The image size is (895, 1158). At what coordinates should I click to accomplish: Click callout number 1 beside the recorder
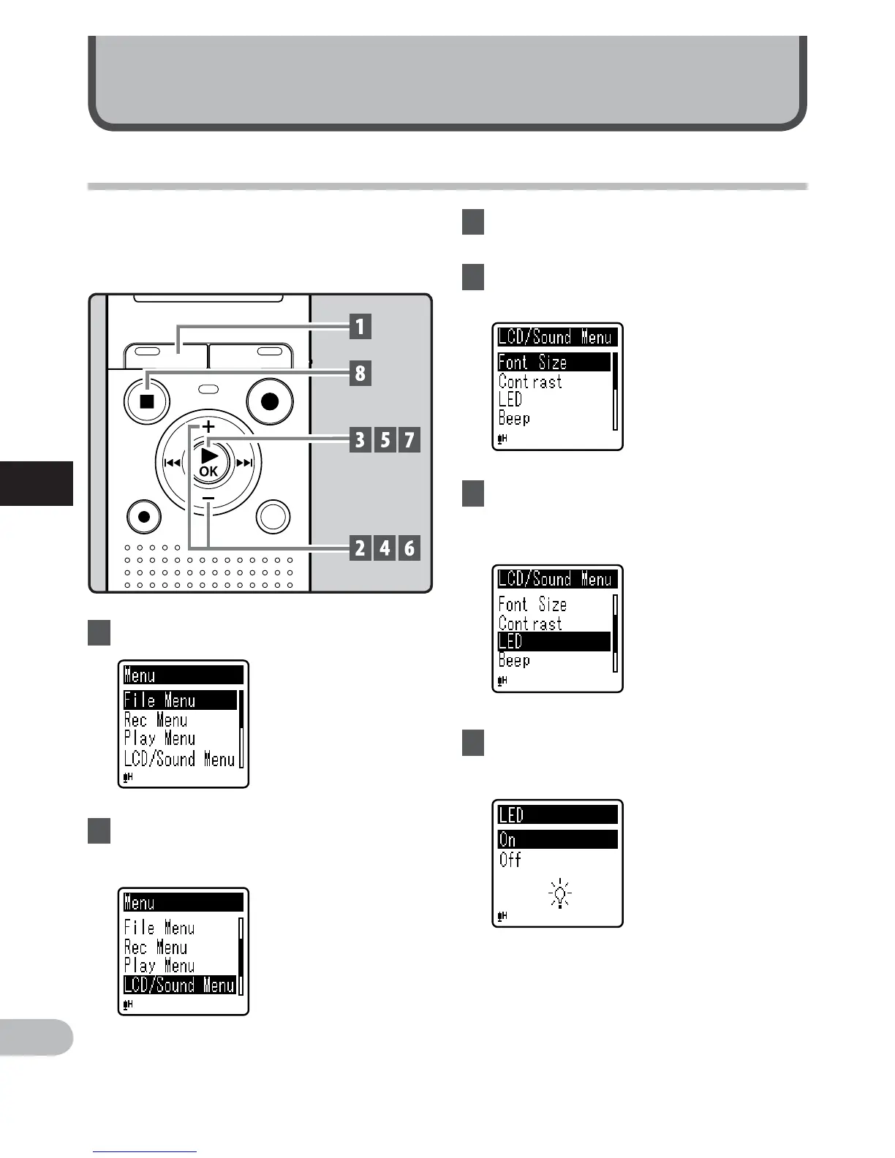[x=360, y=326]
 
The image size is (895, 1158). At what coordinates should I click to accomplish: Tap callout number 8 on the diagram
[x=360, y=374]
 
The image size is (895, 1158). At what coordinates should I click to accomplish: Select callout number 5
[x=385, y=440]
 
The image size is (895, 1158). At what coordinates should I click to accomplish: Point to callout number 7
[x=409, y=440]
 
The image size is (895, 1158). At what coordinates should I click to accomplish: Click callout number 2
[x=360, y=548]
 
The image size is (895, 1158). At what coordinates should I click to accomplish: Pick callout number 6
[x=409, y=548]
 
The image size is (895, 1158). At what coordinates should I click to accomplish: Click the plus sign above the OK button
[x=208, y=425]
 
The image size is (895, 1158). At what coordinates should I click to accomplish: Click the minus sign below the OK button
[x=208, y=499]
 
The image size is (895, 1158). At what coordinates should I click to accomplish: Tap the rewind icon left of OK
[x=172, y=463]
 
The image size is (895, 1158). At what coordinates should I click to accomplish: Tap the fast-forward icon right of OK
[x=245, y=463]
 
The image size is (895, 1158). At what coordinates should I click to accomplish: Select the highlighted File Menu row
[x=180, y=700]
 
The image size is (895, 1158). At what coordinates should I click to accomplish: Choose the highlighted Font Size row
[x=554, y=362]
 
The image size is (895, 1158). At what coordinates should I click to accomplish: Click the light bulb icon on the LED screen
[x=560, y=894]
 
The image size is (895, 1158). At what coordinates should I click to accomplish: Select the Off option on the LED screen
[x=510, y=860]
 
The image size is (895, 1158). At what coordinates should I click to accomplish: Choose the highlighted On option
[x=557, y=840]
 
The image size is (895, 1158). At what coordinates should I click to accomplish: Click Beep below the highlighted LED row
[x=514, y=661]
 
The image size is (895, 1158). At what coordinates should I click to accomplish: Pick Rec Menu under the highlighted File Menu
[x=156, y=720]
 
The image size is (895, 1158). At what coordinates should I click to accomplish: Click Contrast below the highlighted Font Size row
[x=530, y=382]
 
